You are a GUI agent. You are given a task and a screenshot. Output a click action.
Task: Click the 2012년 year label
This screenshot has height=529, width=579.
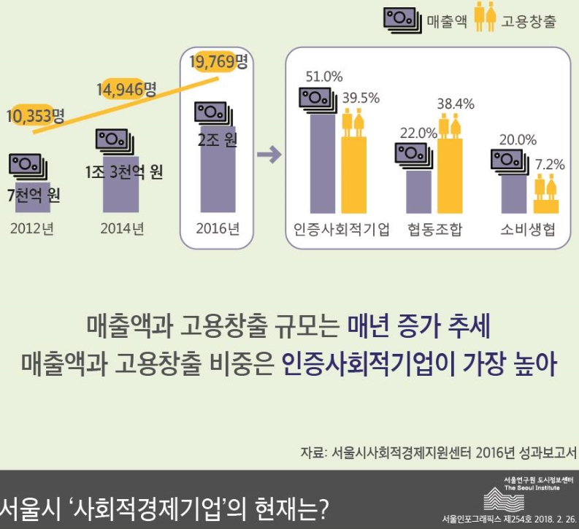(32, 228)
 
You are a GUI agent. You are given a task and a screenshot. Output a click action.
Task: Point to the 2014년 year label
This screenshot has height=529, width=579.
(123, 228)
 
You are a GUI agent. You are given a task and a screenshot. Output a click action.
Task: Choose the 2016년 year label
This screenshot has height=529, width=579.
(218, 228)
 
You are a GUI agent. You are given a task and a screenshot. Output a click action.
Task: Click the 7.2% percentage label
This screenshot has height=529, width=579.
(550, 164)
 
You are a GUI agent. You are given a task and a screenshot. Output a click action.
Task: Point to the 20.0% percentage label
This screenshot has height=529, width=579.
(518, 139)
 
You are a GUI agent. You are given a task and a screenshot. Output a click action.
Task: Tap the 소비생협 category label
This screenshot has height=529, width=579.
(528, 229)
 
